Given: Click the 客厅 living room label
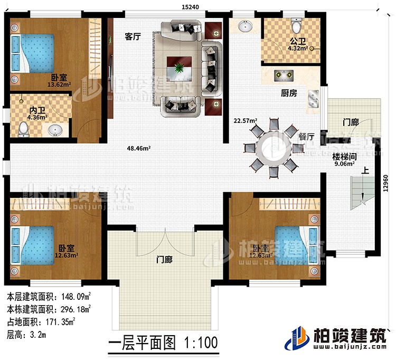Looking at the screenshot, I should click(133, 36).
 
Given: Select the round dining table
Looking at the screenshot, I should click(274, 146).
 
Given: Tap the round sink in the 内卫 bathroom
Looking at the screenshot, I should click(56, 129).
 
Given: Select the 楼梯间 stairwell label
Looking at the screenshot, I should click(343, 157).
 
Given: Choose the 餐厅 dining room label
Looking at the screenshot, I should click(307, 136).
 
